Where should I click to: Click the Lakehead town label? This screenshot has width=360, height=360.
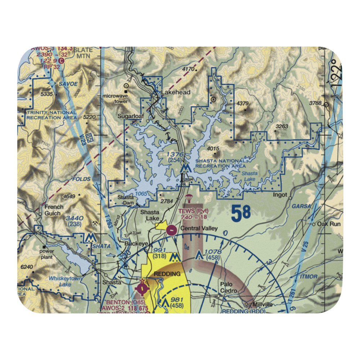(175, 93)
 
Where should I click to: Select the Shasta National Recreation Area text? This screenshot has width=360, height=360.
(221, 163)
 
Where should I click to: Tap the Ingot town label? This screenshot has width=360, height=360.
(280, 195)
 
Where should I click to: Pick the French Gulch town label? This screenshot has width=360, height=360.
(54, 210)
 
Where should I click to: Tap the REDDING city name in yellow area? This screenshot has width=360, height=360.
(167, 274)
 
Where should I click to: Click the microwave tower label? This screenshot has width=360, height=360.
(115, 99)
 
